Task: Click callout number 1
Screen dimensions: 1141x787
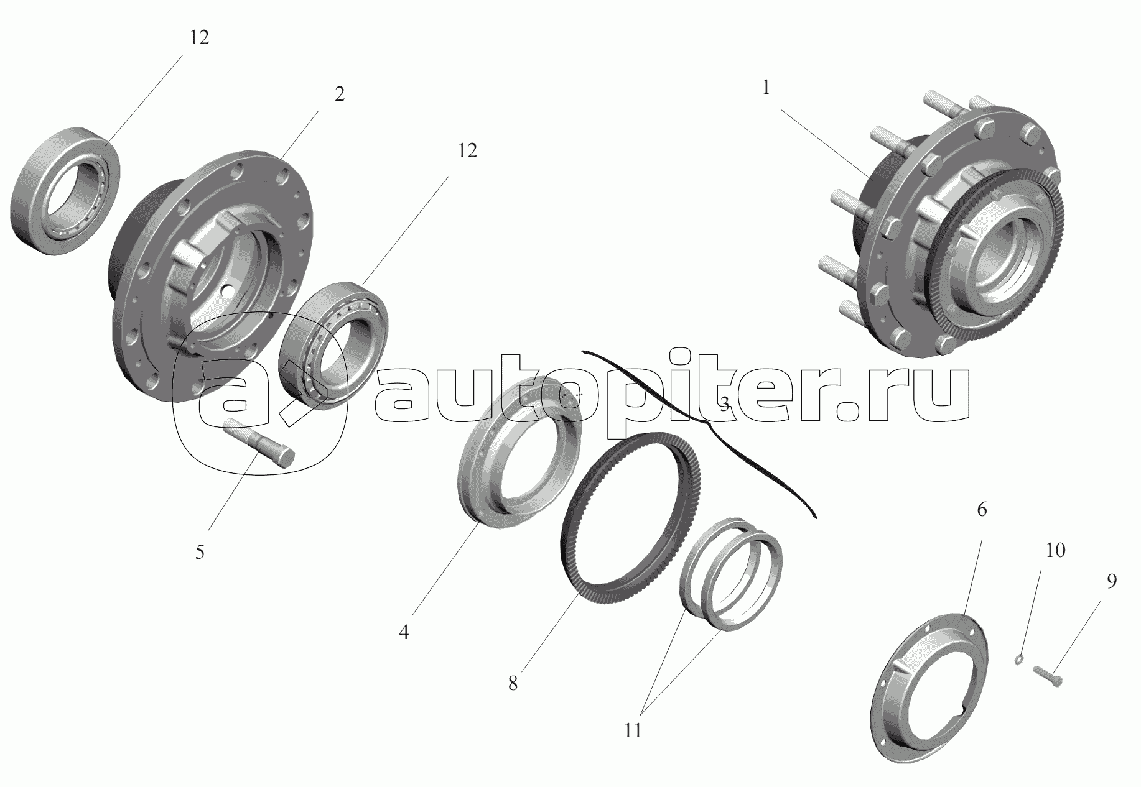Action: point(766,88)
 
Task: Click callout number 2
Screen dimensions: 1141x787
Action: point(339,94)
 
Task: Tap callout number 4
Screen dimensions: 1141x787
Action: point(404,633)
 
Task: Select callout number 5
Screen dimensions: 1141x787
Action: point(200,552)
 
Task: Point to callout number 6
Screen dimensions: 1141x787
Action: point(982,510)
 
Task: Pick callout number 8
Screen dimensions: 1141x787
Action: point(513,684)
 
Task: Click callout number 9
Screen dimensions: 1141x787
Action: point(1111,581)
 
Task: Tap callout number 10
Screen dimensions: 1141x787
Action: point(1055,550)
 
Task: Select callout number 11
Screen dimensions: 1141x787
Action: point(633,731)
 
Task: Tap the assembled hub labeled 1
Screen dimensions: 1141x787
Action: point(946,227)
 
